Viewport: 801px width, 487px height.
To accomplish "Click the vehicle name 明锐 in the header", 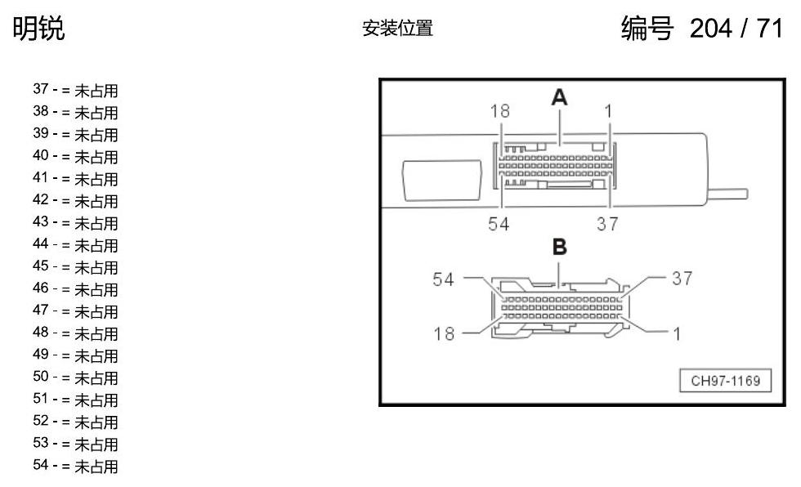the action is coord(39,28).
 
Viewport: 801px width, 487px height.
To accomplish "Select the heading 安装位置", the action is coord(397,28).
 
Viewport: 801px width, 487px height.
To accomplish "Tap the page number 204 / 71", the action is coord(736,28).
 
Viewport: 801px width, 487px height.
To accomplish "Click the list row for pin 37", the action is coord(75,91).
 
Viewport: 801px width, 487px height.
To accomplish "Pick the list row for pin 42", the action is coord(75,201).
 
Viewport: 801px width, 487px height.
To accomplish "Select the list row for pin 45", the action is coord(75,267).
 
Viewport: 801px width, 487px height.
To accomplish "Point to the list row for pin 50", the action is coord(75,378).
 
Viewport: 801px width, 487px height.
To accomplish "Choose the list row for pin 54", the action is coord(75,466).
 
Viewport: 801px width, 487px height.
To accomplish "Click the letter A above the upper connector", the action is coord(559,97).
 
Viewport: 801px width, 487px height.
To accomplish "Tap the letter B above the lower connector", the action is coord(560,247).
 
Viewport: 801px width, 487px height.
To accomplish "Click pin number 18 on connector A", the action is coord(499,111).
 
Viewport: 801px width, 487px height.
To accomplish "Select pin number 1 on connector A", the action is coord(608,111).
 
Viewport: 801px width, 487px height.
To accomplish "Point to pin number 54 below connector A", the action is coord(499,224).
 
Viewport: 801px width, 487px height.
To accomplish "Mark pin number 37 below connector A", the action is coord(607,224).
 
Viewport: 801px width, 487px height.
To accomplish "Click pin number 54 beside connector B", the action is coord(443,279).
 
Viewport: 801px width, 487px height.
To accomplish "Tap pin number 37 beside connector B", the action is coord(682,278).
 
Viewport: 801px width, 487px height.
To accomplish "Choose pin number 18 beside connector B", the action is coord(443,334).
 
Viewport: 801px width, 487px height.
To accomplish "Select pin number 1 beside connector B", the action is coord(677,334).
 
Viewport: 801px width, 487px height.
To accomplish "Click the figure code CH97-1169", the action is coord(726,381).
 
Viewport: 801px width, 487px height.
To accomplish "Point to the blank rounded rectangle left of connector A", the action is coord(442,181).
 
